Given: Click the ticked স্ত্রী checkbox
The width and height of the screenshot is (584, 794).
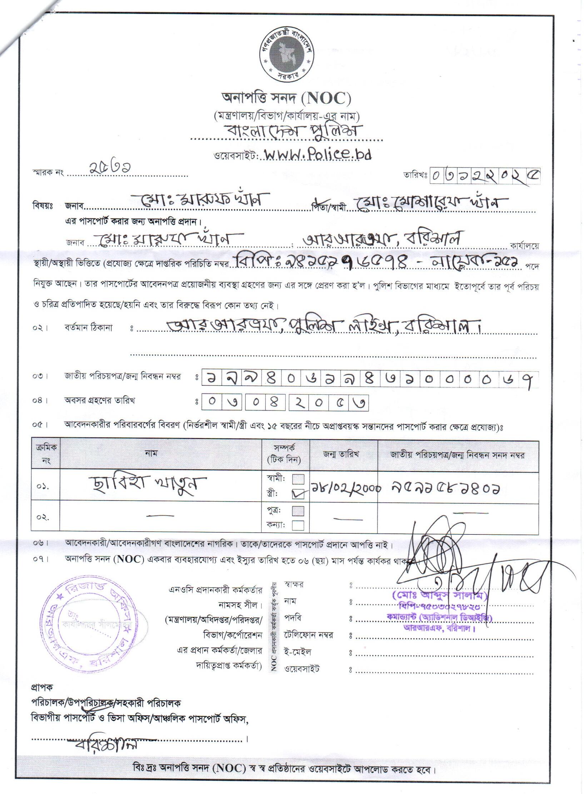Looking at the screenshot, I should [298, 494].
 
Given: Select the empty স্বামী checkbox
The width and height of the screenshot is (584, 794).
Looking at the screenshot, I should [298, 479].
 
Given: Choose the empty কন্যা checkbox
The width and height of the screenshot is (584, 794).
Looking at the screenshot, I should [298, 525].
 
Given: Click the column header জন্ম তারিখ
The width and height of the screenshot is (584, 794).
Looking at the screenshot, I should [344, 454].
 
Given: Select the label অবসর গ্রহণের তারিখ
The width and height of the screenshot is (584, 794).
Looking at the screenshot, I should [99, 401].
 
